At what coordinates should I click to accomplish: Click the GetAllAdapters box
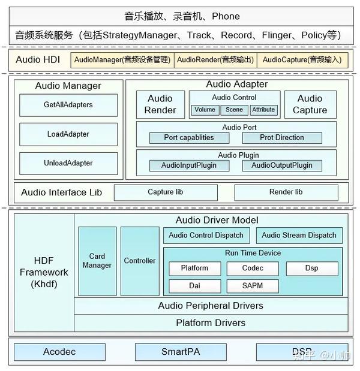68,105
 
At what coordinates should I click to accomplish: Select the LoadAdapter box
68,134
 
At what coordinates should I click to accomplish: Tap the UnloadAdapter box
68,163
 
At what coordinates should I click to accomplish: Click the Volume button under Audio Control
205,110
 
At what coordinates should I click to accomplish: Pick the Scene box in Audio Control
234,110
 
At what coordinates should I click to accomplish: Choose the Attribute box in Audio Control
263,110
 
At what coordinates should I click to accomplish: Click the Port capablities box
188,138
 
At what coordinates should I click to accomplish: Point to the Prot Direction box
282,138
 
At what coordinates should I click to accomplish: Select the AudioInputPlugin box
188,166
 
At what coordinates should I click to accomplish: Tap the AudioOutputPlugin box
282,166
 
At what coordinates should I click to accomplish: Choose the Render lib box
286,192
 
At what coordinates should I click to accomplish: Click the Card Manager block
97,261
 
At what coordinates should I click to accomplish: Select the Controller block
140,261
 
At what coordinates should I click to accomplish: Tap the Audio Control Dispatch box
206,236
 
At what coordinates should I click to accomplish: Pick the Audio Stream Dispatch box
299,236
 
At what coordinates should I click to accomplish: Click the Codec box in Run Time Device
253,269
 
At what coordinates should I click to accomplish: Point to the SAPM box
253,286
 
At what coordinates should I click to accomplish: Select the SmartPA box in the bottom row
177,352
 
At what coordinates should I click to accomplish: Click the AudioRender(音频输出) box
215,60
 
